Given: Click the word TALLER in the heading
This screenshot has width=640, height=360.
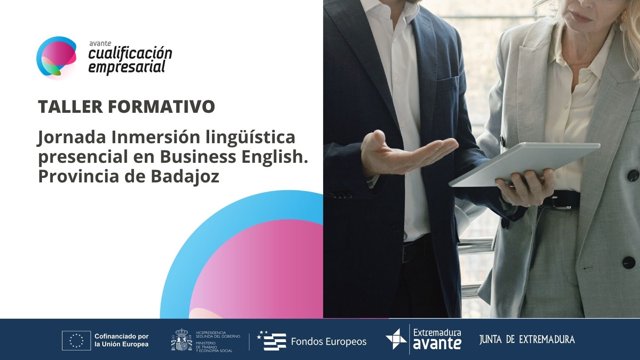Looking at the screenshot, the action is (x=70, y=106).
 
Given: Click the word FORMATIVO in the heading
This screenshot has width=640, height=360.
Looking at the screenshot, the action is (x=162, y=106).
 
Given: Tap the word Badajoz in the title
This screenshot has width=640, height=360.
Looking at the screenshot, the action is (x=185, y=176).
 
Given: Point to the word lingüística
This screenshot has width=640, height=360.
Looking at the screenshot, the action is (x=250, y=138).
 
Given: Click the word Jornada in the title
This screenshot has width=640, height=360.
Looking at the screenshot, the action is (x=72, y=138).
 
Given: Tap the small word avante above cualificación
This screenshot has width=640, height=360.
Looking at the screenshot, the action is (x=100, y=44).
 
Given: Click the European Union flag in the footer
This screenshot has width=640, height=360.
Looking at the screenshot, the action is (x=76, y=340).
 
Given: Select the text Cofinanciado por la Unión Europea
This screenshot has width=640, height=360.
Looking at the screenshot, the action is (x=122, y=340).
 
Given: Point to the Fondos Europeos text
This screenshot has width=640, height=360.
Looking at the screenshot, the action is (x=328, y=342).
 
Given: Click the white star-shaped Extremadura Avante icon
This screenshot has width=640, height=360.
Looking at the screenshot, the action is (x=396, y=339).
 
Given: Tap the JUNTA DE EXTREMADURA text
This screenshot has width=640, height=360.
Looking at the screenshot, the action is (x=527, y=340).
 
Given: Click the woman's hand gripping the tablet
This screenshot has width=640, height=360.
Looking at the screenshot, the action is (x=525, y=187).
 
